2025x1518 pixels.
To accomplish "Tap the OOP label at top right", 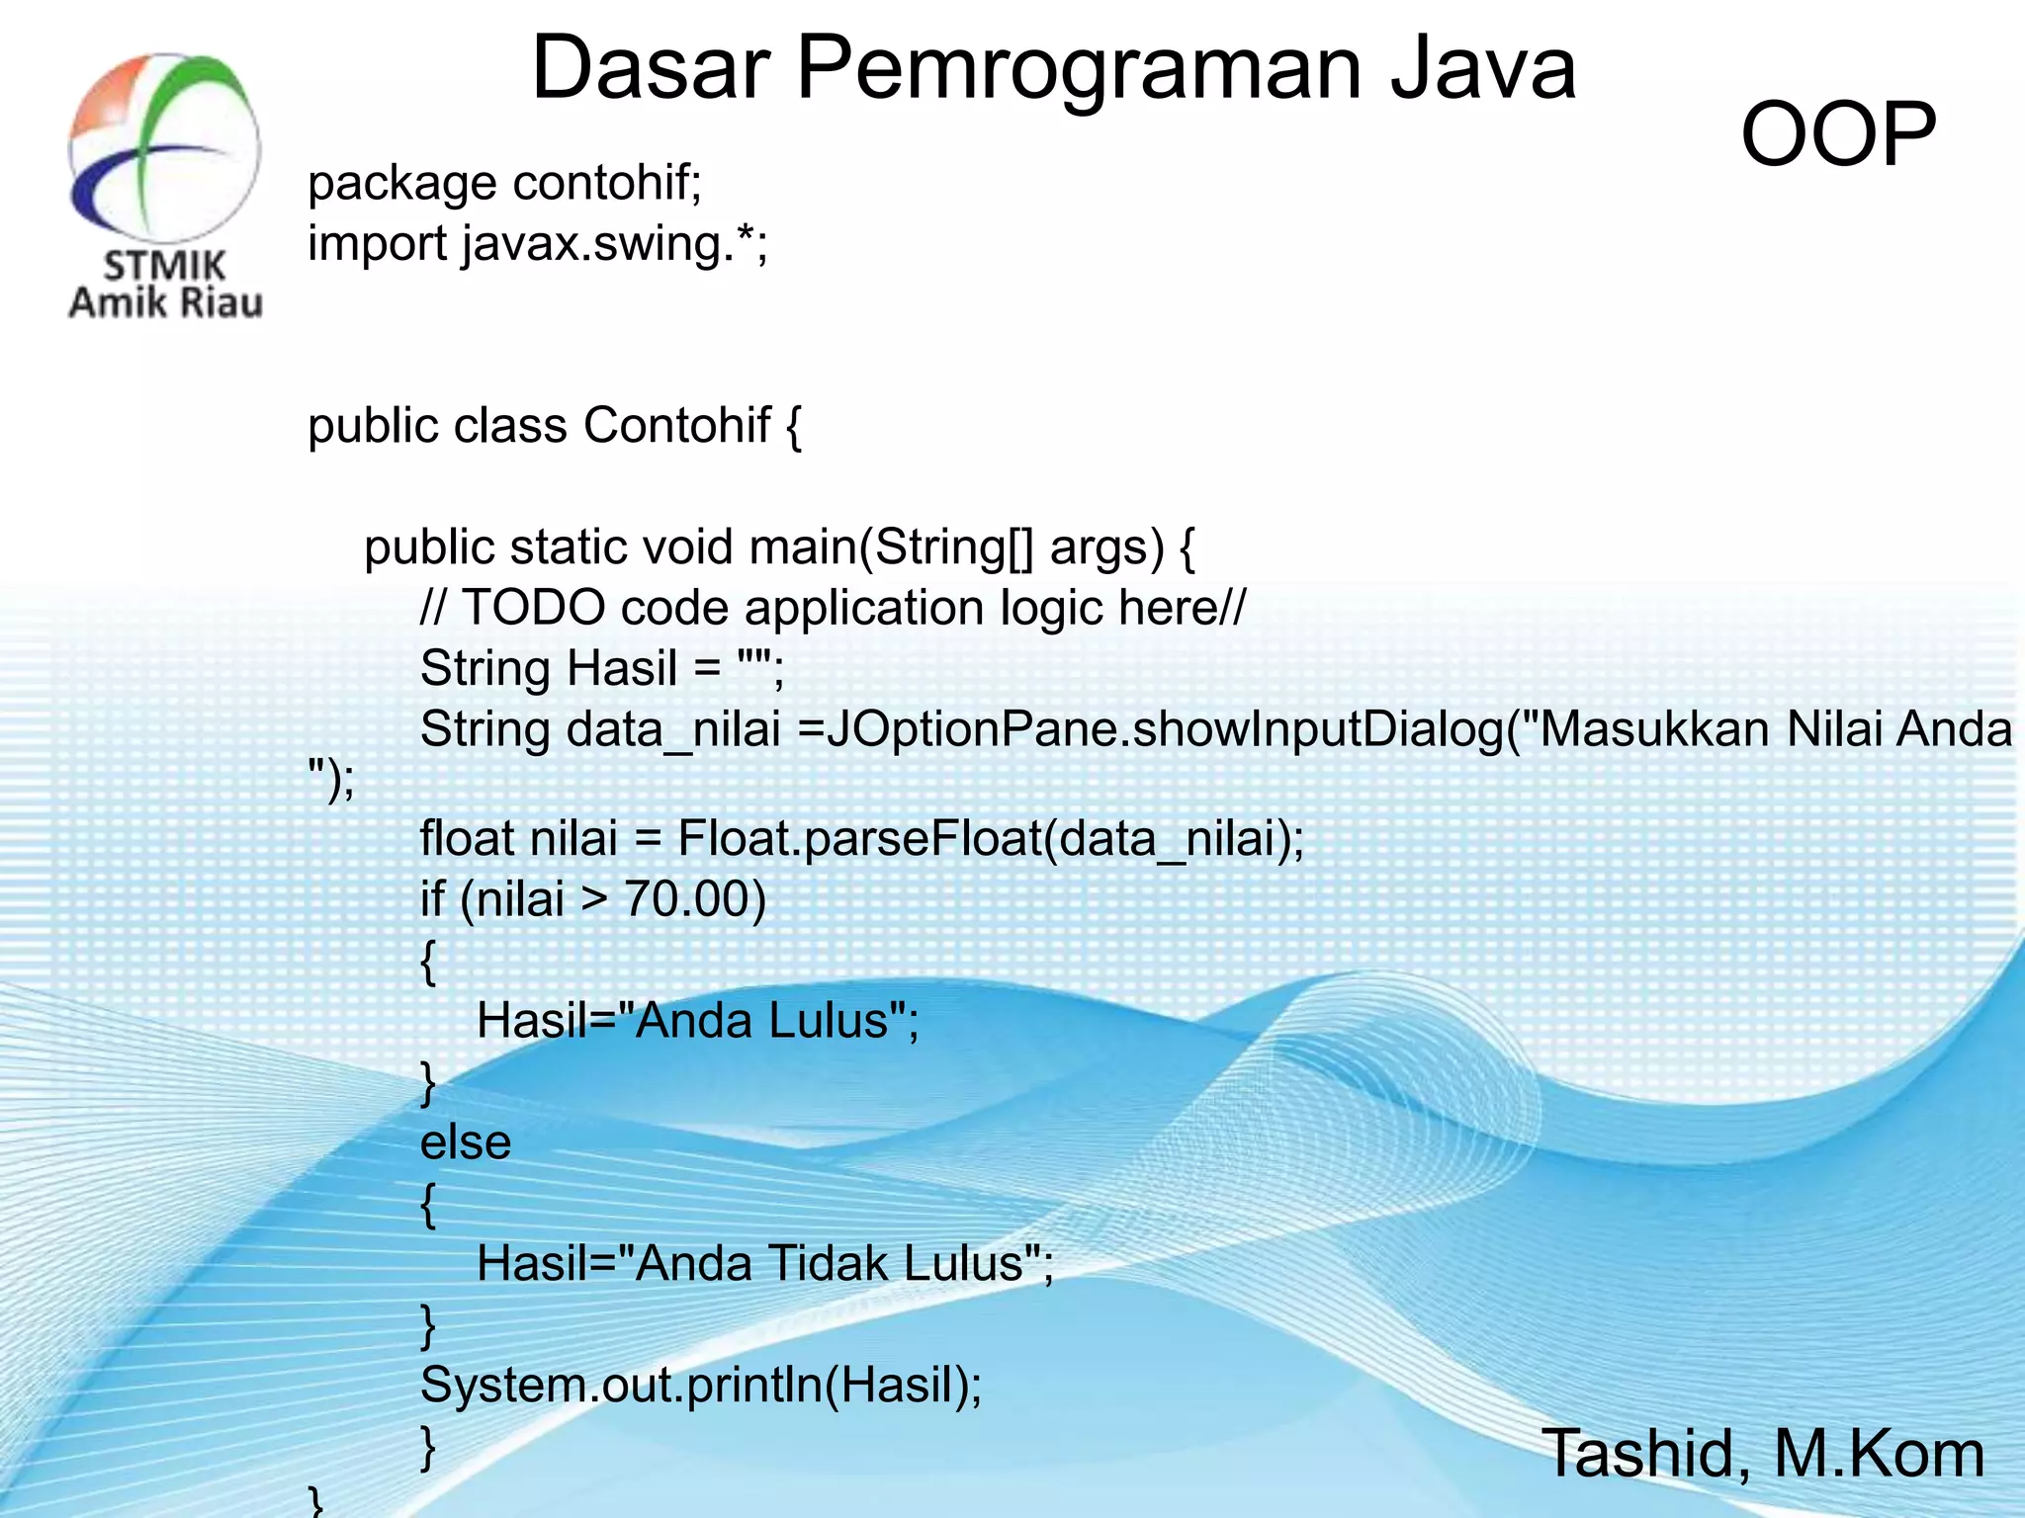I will [x=1837, y=135].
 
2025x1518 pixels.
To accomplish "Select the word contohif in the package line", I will [x=607, y=183].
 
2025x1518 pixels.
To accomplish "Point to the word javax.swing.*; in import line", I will [x=614, y=244].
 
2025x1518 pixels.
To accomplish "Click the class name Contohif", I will [x=676, y=426].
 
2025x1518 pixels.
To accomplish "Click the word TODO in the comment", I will [x=533, y=608].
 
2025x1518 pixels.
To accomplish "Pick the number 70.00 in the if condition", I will [x=694, y=899].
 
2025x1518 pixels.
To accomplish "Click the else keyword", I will [x=466, y=1143].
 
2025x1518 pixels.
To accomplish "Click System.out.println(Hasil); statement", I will [x=701, y=1386].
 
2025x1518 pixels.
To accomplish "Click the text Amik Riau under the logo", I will [x=165, y=302].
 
